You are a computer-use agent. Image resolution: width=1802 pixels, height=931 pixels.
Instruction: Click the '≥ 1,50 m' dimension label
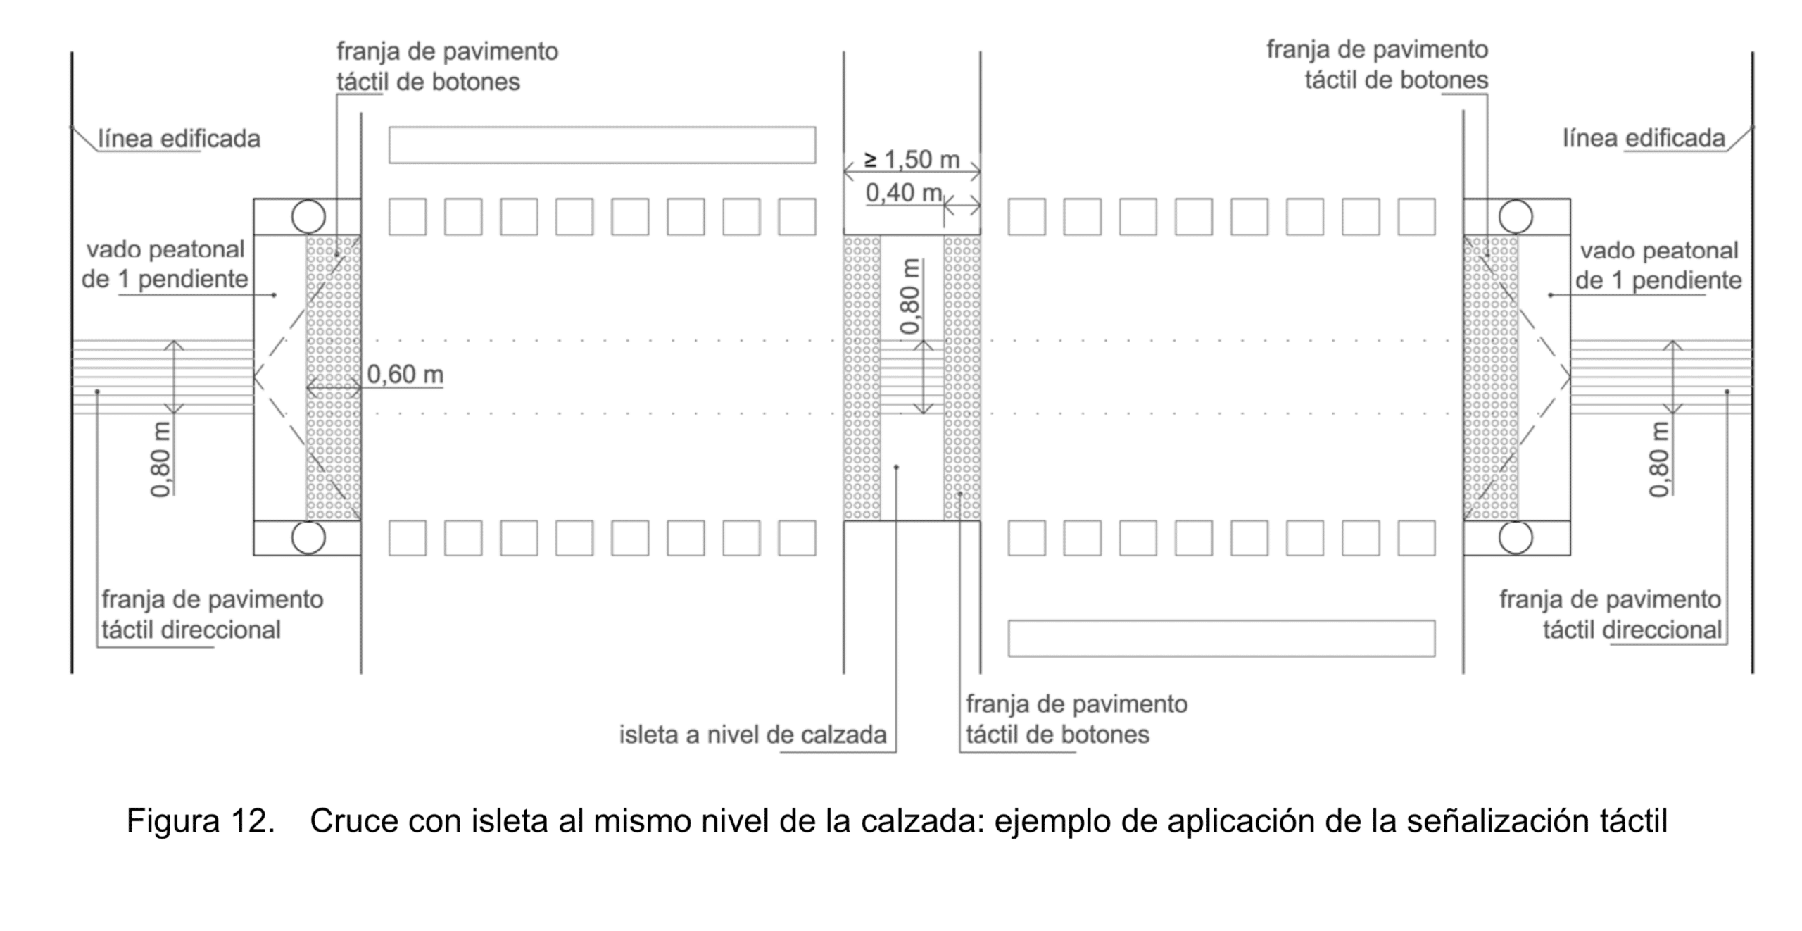[x=912, y=160]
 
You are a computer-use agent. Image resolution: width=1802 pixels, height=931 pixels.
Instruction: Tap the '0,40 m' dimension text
[x=904, y=192]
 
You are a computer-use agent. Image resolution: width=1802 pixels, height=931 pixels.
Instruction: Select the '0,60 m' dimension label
[x=405, y=374]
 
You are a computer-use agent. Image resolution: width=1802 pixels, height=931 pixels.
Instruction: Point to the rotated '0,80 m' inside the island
[x=910, y=296]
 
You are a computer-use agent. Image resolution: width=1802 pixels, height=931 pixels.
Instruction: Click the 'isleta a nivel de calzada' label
[x=752, y=735]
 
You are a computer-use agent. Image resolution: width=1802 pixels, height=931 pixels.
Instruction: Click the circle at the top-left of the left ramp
[x=308, y=216]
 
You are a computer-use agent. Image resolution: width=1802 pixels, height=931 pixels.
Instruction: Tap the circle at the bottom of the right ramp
[x=1516, y=538]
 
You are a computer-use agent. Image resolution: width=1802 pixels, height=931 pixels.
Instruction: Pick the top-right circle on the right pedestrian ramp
[x=1516, y=216]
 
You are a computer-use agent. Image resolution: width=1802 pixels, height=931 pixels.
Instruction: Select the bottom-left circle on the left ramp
[x=308, y=538]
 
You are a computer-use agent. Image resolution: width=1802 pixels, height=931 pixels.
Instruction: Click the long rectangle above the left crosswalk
[x=602, y=145]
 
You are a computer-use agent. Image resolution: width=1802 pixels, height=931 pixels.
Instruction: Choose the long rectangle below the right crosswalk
[x=1221, y=639]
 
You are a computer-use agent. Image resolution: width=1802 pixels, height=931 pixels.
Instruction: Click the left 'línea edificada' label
[x=179, y=139]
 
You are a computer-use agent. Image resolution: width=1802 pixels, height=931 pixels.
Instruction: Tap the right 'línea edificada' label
[x=1644, y=138]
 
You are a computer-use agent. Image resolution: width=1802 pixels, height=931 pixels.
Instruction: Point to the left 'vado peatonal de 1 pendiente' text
[x=165, y=265]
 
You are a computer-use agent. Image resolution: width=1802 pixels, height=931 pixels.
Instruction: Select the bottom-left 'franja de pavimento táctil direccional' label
[x=212, y=614]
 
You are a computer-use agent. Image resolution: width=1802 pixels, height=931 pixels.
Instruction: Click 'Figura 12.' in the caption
[x=201, y=821]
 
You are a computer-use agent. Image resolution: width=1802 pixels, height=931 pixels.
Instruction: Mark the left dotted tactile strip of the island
[x=862, y=378]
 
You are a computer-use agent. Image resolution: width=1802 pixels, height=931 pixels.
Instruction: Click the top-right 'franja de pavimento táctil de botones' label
[x=1378, y=65]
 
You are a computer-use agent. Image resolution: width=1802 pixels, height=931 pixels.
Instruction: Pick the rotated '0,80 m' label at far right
[x=1659, y=459]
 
